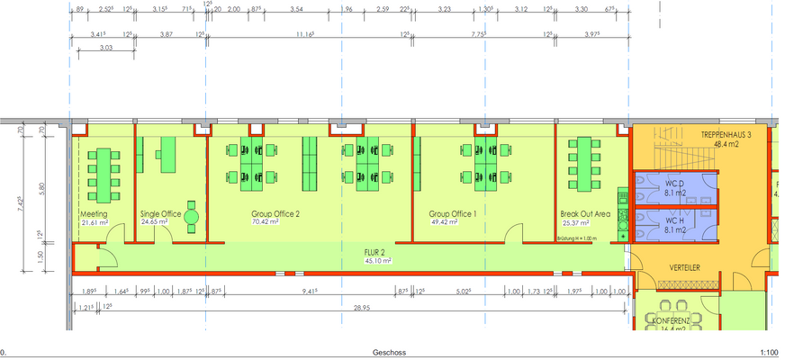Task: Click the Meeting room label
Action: (x=94, y=213)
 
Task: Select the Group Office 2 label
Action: (x=275, y=213)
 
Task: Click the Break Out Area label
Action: (x=585, y=213)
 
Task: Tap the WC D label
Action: (x=676, y=184)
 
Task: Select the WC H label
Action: (x=676, y=221)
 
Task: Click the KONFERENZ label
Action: (x=671, y=320)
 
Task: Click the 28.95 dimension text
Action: (x=362, y=308)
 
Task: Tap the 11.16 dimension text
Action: (x=304, y=33)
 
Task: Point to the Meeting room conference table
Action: (x=104, y=175)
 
